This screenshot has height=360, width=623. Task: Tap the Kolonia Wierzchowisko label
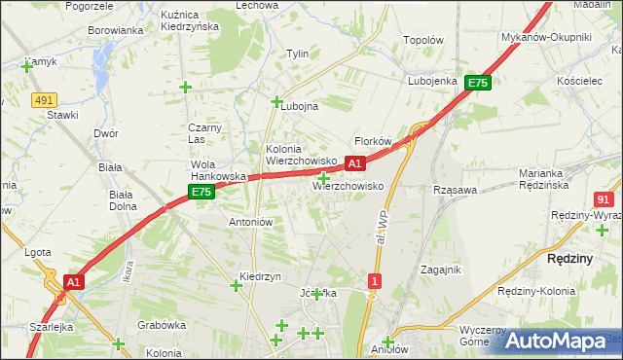[301, 155]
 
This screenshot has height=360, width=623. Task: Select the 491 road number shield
[42, 99]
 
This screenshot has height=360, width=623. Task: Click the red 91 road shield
[604, 198]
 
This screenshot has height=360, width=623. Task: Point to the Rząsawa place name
[455, 191]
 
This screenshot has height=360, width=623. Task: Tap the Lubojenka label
[432, 81]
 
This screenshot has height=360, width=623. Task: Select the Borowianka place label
[116, 30]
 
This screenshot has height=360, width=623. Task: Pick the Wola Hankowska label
[216, 170]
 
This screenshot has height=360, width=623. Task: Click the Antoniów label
[250, 222]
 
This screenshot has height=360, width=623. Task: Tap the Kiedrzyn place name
[260, 276]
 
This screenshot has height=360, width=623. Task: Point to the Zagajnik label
[440, 270]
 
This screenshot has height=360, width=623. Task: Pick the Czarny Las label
[206, 133]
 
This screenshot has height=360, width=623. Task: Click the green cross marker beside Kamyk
[26, 66]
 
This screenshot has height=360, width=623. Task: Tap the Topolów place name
[423, 41]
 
